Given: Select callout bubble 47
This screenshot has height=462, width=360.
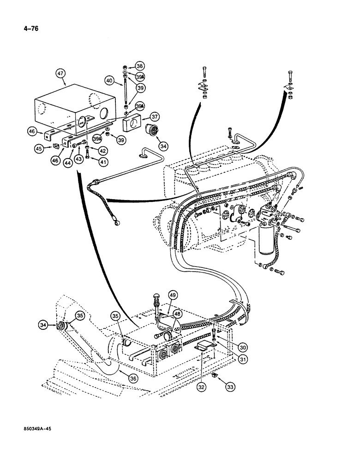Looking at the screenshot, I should pos(60,73).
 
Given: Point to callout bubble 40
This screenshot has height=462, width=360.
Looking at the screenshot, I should pos(109,80).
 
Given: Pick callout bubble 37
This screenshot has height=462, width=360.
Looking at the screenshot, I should pos(154,116).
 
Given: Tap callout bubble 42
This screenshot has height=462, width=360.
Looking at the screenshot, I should pos(103,150).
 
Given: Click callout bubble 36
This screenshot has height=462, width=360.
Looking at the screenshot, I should pos(133,378).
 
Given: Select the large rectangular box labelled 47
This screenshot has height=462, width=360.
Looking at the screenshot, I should pos(74,111).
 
